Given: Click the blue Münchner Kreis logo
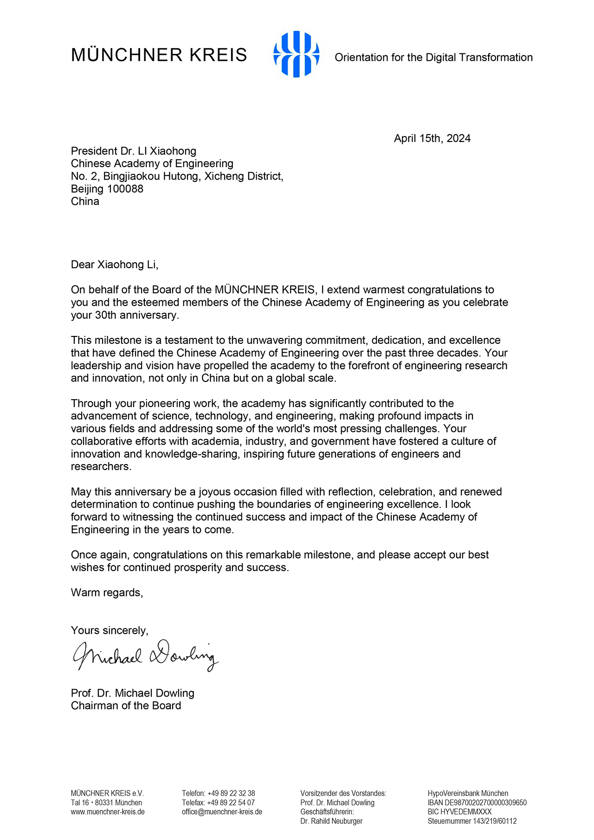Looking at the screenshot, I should [297, 54].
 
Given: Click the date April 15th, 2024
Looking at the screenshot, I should [432, 138].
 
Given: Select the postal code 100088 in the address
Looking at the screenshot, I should [125, 189].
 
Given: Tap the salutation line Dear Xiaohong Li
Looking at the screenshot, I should [114, 265].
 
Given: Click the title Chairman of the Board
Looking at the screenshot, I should [126, 705].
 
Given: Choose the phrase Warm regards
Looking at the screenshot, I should [107, 593].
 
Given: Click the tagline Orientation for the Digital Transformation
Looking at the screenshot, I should [433, 58].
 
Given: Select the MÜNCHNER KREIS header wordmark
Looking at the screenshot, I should [159, 55].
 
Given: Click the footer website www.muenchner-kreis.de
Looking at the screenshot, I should [108, 812].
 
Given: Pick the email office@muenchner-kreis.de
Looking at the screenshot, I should [222, 812].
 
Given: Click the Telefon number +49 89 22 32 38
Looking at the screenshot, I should [231, 793].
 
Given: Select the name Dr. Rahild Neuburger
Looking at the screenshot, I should [331, 821].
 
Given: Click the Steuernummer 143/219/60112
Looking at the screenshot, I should [494, 821].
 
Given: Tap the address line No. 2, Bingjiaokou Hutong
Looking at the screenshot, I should [177, 176].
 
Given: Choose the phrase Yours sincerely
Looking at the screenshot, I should [110, 630].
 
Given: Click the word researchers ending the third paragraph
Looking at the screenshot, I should [101, 466].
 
